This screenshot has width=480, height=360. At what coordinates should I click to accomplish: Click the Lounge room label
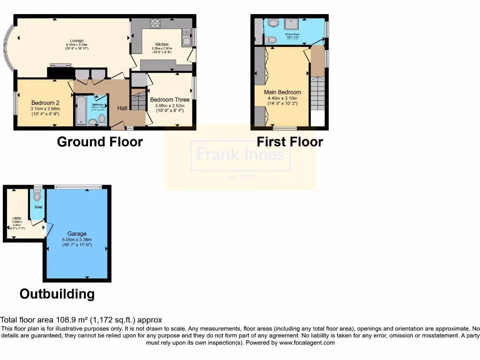[76, 40]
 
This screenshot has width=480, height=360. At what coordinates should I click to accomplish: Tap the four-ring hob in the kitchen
[155, 23]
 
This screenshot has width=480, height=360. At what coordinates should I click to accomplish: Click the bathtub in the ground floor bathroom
[80, 110]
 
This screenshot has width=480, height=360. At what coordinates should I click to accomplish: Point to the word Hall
[122, 108]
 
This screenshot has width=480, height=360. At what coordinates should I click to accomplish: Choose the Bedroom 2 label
[45, 103]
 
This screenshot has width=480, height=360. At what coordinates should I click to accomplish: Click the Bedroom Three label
[170, 99]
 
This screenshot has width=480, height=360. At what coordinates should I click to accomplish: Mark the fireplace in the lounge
[60, 72]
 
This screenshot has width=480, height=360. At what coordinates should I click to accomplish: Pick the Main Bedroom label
[282, 92]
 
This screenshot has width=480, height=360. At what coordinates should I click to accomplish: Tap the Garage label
[77, 233]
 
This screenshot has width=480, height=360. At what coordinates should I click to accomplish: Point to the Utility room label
[17, 218]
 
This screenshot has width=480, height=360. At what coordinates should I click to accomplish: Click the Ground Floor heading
[99, 142]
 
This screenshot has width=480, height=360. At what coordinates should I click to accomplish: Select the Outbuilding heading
[57, 294]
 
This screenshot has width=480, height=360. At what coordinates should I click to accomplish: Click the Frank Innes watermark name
[240, 154]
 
